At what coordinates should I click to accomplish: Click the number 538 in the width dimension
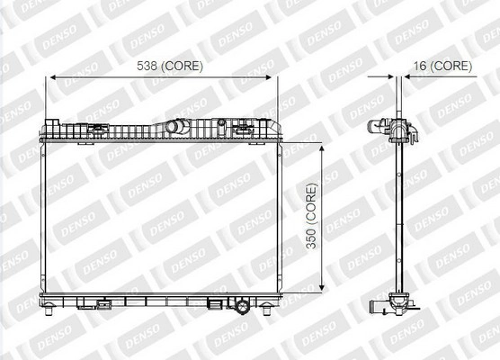coord(147,66)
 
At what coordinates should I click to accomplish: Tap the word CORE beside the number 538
coord(182,66)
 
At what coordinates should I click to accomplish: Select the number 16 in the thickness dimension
coord(420,66)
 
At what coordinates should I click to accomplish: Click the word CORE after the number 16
coord(451,66)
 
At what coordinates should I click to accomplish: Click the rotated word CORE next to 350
coord(311,202)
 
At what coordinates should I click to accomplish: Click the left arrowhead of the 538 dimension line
coord(54,77)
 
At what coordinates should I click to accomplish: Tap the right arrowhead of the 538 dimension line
coord(267,77)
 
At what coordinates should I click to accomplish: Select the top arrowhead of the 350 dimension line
coord(321,149)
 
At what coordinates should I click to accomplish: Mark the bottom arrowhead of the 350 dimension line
coord(321,286)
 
